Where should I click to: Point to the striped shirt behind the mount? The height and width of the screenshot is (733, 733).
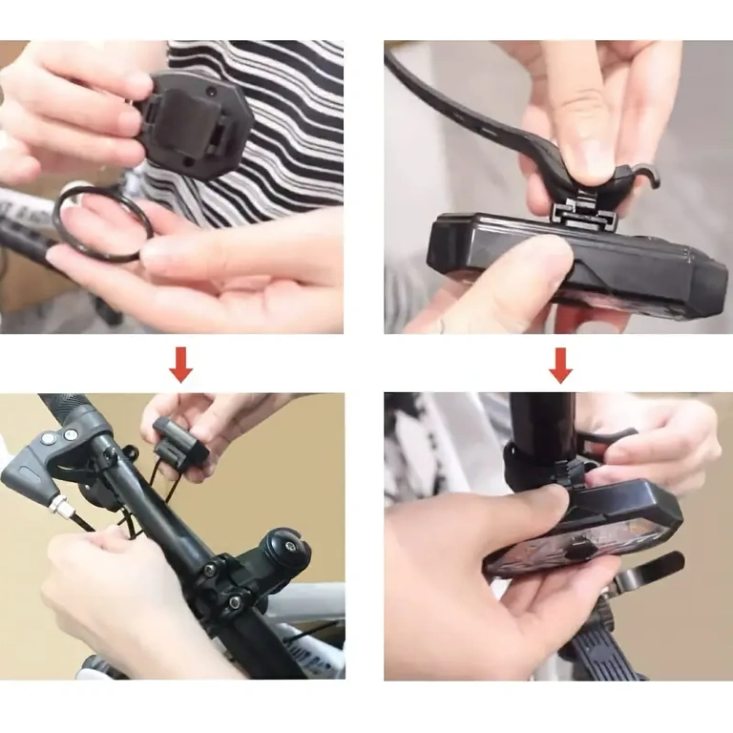[x=286, y=124]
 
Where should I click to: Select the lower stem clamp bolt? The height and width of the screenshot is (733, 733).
[x=230, y=603]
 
